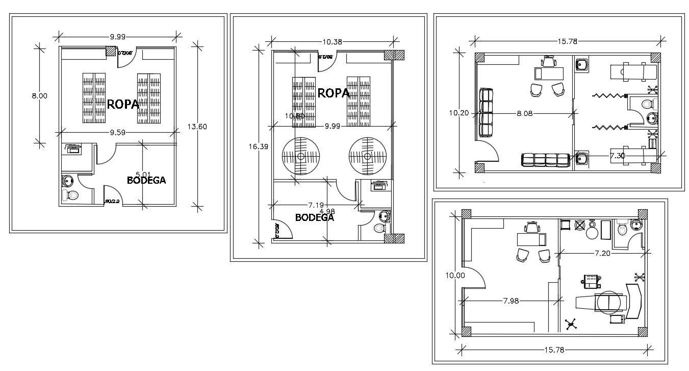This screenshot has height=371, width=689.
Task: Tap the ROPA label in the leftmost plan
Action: pos(123,104)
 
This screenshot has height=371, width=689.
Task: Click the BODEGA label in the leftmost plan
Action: pos(146,180)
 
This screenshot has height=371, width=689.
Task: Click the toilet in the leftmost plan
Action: pos(71,195)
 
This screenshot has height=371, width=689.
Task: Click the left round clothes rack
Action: pos(301,156)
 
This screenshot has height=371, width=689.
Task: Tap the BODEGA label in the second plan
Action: pos(315,217)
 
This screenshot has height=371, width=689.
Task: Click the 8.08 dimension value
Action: pos(524,113)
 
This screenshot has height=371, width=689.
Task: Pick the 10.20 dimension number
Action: pos(458,113)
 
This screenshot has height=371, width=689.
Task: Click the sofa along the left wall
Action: pos(487,113)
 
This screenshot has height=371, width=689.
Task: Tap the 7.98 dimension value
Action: pos(511,301)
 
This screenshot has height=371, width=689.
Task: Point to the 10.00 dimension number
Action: pos(455,275)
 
